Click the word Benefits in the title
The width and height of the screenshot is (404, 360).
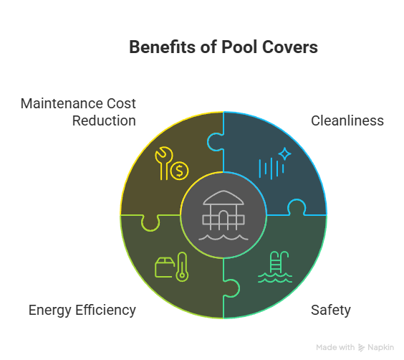coord(163,47)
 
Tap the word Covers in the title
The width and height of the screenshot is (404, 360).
coord(290,47)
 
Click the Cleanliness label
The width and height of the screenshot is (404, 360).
coord(347,120)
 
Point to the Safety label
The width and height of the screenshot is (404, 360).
coord(330,310)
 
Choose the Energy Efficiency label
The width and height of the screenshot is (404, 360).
coord(82,310)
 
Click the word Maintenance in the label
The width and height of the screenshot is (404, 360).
coord(62,103)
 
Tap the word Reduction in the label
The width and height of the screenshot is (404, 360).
coord(104,120)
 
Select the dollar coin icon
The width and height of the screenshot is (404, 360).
coord(179,171)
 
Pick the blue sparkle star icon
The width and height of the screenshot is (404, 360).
coord(284,154)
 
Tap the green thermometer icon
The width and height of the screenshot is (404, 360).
coord(182,267)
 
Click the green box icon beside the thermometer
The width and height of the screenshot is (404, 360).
coord(164,267)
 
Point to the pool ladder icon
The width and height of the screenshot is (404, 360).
coord(279,262)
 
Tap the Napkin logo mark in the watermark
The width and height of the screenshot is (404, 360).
coord(361,348)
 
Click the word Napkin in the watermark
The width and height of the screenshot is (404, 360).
coord(380,348)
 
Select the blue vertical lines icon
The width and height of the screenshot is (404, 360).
coord(271,169)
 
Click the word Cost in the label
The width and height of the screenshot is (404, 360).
coord(121,103)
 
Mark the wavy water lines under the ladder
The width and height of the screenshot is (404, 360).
coord(275,278)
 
